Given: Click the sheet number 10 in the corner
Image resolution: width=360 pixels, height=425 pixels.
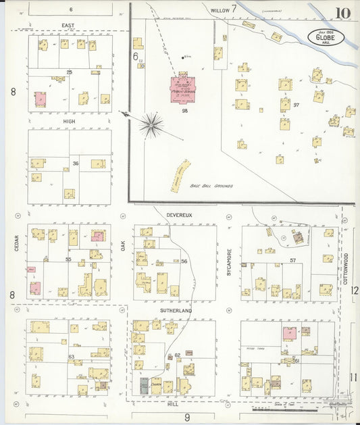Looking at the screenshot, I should [x=340, y=13].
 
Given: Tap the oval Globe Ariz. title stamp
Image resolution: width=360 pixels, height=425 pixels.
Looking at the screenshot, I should [x=326, y=36].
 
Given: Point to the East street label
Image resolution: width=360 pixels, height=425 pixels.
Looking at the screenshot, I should [x=68, y=26].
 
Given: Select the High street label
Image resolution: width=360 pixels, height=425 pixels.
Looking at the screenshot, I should [x=70, y=122].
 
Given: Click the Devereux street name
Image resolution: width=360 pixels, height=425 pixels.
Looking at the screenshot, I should [x=179, y=215].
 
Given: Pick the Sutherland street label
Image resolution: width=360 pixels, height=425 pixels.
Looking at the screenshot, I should [x=176, y=311].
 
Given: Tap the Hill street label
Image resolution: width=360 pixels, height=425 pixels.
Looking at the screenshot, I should [x=173, y=403].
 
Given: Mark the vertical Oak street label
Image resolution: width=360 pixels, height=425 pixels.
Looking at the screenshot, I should [x=124, y=247].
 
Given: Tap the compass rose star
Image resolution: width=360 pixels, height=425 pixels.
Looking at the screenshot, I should [x=151, y=125].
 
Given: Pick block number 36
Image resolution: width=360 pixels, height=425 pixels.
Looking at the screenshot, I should [x=76, y=164].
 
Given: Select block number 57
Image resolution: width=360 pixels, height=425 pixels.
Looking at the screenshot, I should [x=293, y=260].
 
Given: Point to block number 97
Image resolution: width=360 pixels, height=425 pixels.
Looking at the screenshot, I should [x=296, y=105].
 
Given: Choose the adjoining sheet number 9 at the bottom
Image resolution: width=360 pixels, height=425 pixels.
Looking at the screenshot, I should [x=187, y=418].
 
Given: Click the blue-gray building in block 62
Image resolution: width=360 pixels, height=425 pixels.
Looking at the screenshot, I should [x=145, y=386].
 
